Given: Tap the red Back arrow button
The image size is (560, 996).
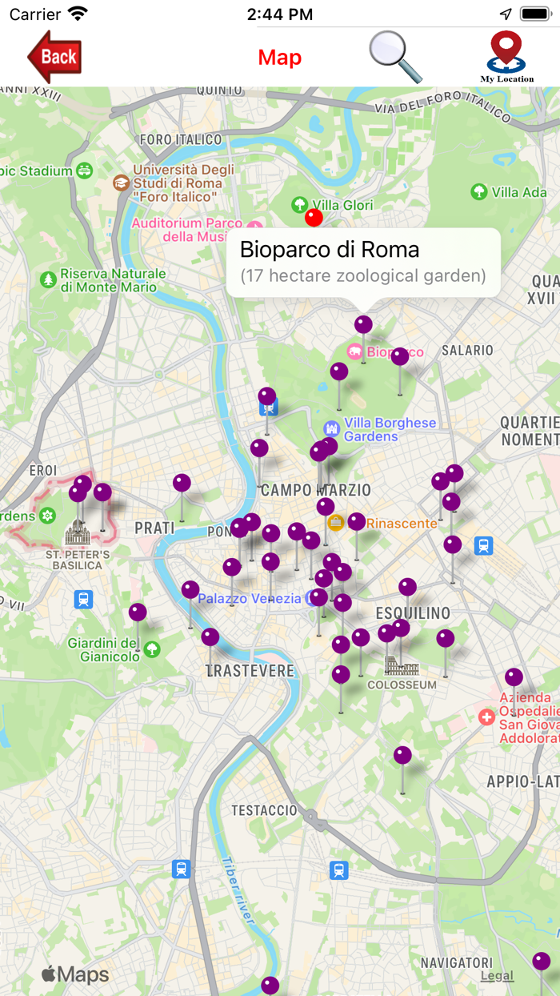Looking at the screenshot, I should pos(54,57).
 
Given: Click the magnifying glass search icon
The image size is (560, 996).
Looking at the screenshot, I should pos(395,57).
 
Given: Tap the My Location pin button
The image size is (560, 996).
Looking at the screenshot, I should pos(506,56).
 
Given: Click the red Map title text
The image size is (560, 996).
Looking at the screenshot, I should pos(279,58).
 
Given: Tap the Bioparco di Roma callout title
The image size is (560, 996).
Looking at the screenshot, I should pos(330,250).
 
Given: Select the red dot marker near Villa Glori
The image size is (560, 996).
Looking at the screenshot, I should pos(314,218).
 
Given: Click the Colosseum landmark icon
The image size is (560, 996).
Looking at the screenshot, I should pos(397,665).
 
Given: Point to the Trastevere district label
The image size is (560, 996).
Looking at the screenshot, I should pos(250,671).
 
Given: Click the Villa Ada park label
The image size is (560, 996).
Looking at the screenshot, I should pos(519,192).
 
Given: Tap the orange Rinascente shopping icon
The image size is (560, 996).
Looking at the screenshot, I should pos(336,523).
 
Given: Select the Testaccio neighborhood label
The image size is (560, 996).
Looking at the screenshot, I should pos(264,810).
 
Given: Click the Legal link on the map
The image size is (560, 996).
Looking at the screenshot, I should pos(497,976).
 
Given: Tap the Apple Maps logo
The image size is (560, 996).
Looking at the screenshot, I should pos(75,974).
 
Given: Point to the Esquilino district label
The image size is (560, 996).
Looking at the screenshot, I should pos(413,613).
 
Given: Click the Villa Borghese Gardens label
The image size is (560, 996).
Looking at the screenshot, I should pos(390,429).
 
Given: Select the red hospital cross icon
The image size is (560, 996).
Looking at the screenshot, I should pos(486,717).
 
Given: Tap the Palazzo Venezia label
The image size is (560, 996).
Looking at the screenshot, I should pos(250,599).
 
